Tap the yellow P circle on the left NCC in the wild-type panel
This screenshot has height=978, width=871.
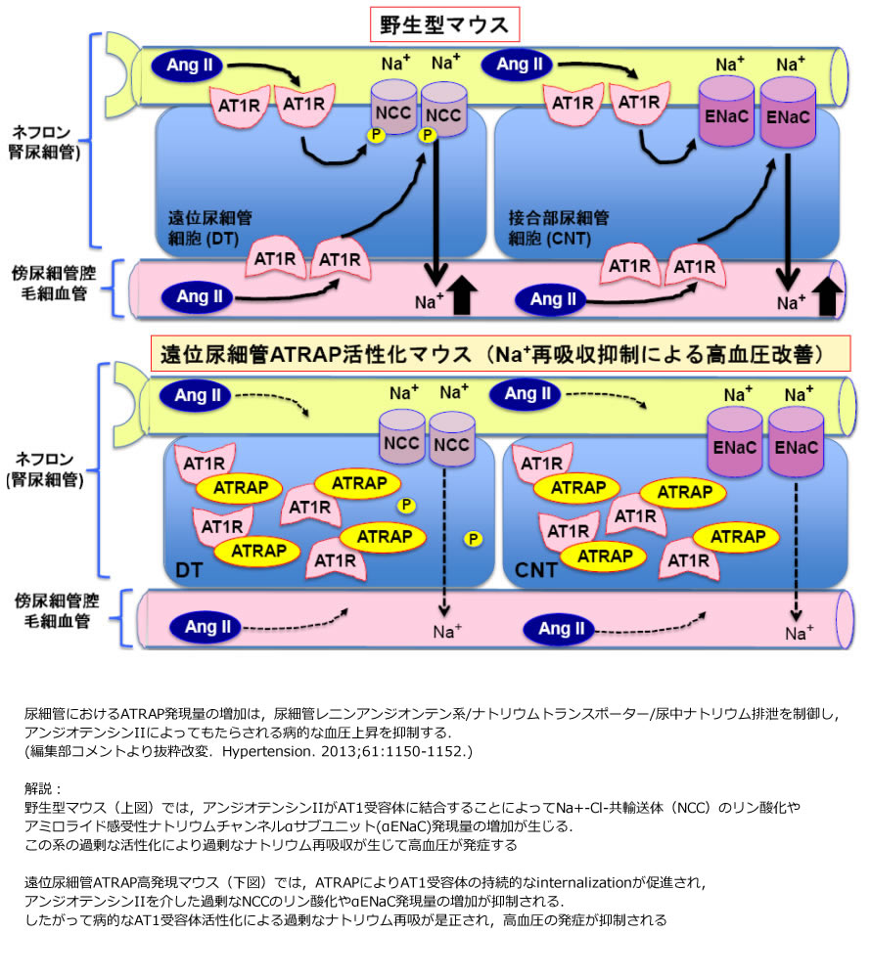375,135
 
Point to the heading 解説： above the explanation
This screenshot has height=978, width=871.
45,787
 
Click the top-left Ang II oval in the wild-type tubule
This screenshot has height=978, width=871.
187,66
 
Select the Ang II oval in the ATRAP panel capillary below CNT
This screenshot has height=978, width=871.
561,629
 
